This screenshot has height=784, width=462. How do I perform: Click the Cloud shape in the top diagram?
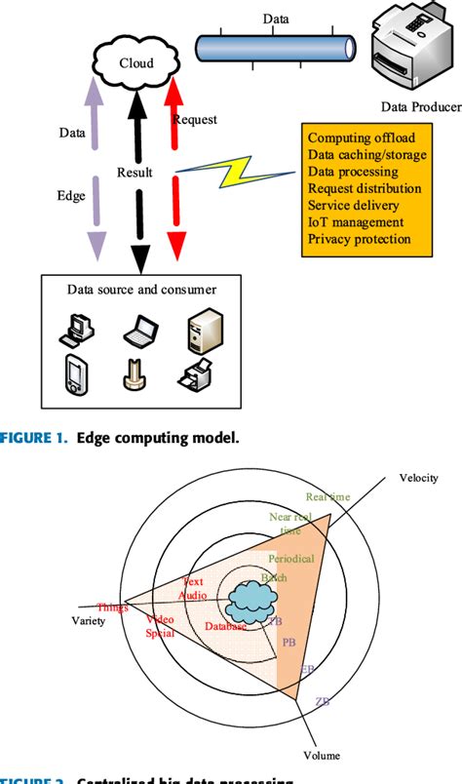(x=136, y=62)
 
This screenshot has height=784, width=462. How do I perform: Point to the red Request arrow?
(x=174, y=176)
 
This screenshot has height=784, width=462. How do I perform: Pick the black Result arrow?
(x=138, y=176)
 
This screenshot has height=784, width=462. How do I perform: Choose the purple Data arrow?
(x=98, y=176)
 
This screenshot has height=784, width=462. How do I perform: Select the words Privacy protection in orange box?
(x=359, y=239)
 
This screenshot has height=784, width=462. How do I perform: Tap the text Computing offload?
(x=359, y=137)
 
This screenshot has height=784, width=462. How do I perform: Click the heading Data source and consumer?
(x=141, y=290)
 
